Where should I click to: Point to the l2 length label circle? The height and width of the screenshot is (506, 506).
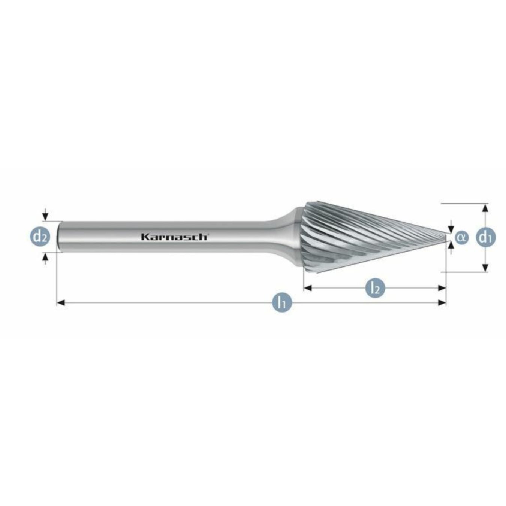375,288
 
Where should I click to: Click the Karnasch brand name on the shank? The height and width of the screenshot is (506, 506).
174,237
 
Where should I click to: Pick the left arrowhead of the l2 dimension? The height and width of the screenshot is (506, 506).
308,288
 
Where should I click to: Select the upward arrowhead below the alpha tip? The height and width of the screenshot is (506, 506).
451,245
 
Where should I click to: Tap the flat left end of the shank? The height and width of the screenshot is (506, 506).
59,236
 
